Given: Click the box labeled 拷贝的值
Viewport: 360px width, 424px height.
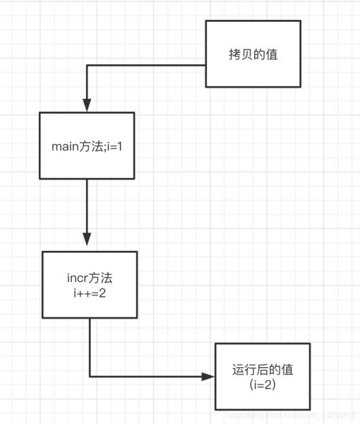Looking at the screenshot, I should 252,54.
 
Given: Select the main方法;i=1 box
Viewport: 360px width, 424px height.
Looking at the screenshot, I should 87,145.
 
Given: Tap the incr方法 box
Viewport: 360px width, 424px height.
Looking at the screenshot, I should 89,284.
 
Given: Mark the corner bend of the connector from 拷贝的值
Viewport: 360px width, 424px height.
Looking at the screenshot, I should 87,66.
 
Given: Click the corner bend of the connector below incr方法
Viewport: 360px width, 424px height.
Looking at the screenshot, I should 90,376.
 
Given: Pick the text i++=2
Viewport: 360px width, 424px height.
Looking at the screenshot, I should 89,292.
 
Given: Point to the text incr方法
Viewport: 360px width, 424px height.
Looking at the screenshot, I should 89,278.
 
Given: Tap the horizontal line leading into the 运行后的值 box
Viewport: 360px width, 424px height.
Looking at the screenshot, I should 148,376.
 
